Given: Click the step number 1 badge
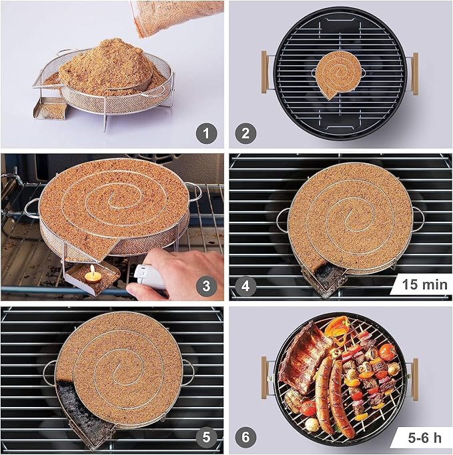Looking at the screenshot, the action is [x=206, y=133].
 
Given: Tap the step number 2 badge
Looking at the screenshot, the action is [x=246, y=133].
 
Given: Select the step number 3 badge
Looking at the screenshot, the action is [x=206, y=286].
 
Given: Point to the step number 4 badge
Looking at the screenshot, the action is [x=246, y=286].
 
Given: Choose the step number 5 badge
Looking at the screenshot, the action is [x=206, y=437].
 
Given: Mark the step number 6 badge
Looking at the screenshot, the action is [x=246, y=437].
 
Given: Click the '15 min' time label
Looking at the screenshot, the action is [x=424, y=284].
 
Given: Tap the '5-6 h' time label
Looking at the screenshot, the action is [x=424, y=438].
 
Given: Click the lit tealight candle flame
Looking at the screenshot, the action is [x=93, y=270].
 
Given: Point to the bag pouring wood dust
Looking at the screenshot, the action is [x=176, y=17].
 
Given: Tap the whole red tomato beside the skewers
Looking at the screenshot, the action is [x=388, y=352].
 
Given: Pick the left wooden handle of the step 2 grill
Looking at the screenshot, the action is [x=264, y=72].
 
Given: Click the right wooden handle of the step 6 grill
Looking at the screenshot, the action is [x=415, y=379].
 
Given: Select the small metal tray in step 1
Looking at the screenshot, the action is [x=50, y=108].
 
